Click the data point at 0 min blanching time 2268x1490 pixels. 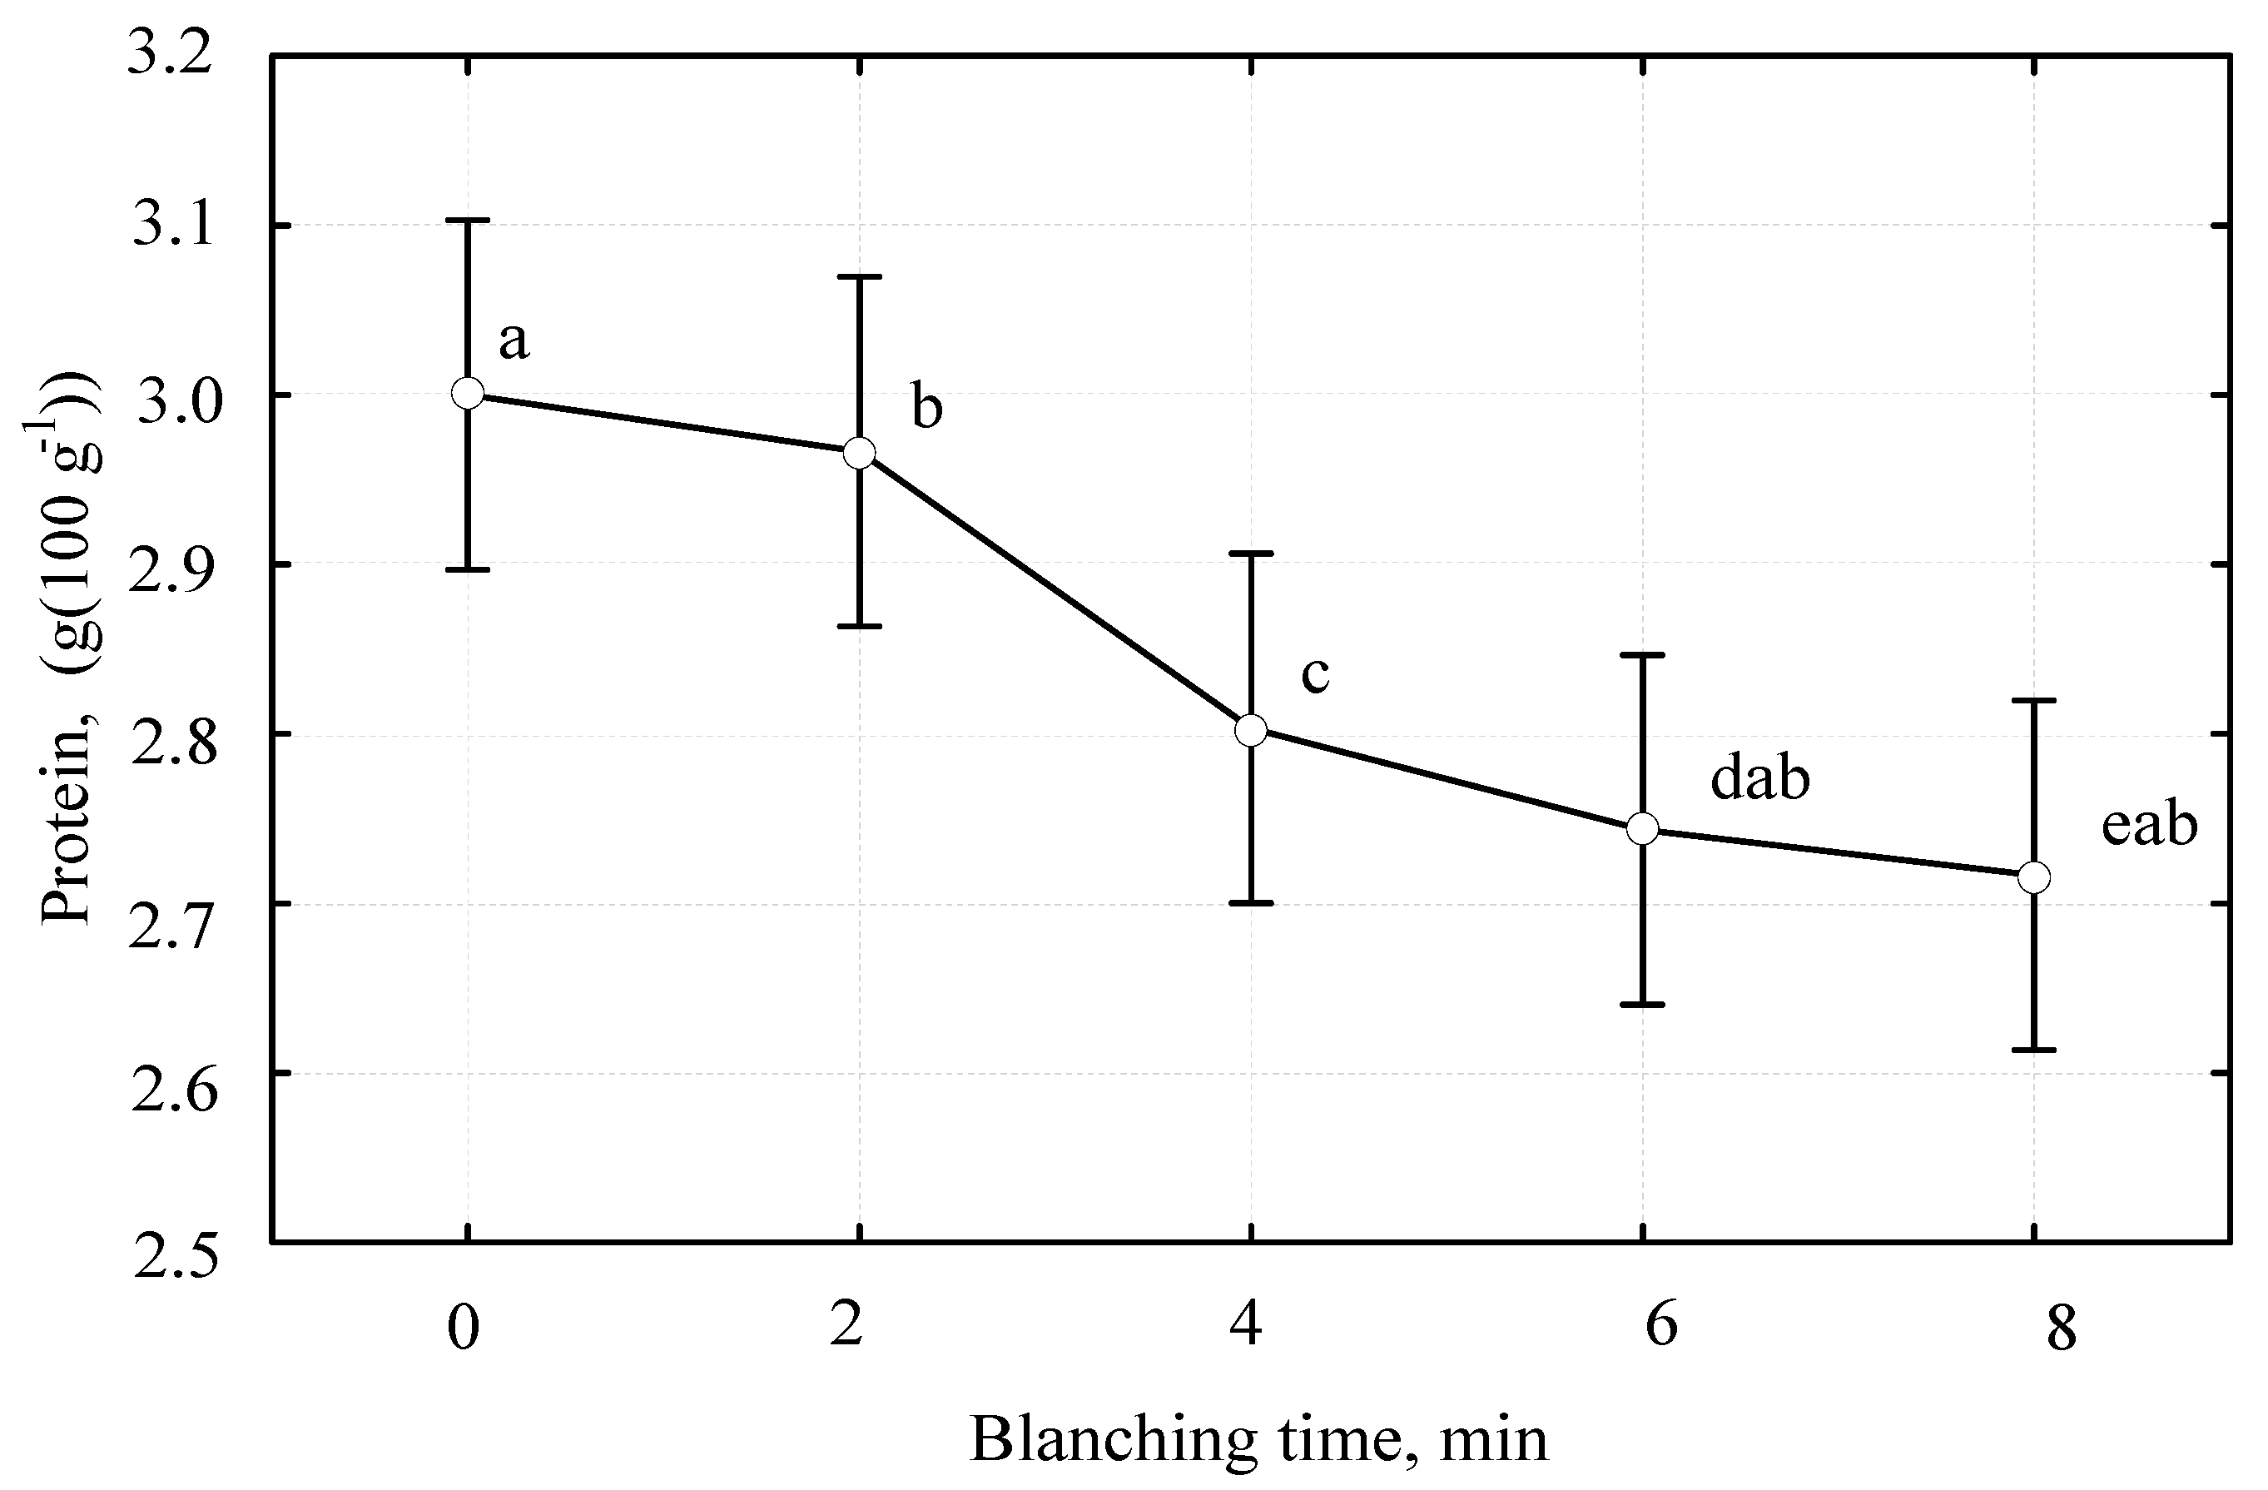click(467, 393)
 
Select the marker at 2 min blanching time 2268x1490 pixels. click(860, 454)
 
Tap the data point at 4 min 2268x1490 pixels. click(1251, 730)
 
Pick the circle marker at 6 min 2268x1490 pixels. click(1643, 828)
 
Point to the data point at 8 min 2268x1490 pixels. click(2034, 877)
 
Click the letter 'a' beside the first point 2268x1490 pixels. click(514, 340)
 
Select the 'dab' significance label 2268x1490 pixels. click(1759, 779)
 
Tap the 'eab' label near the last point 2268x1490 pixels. click(2149, 825)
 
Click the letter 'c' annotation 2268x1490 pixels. click(1315, 674)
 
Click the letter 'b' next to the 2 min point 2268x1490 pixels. click(926, 407)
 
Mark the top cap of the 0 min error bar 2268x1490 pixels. click(467, 221)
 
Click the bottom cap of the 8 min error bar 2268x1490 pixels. click(2034, 1050)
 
